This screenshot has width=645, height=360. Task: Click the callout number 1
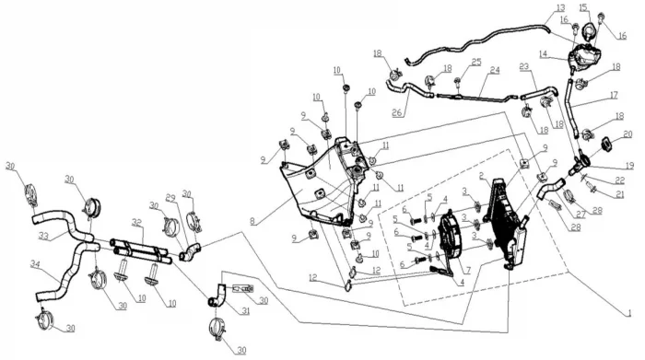click(629, 314)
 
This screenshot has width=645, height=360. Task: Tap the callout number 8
click(252, 222)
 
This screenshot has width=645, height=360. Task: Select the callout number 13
click(560, 7)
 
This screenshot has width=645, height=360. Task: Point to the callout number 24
click(495, 70)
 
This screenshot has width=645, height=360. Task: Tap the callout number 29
click(170, 197)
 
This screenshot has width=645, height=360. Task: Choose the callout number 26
click(397, 112)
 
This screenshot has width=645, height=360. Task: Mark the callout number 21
click(619, 194)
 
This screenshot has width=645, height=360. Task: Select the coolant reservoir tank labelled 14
click(583, 57)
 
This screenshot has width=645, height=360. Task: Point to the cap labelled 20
click(606, 144)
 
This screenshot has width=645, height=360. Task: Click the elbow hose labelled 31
click(216, 296)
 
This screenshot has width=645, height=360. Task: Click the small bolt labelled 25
click(457, 81)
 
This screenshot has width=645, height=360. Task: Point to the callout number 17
click(614, 96)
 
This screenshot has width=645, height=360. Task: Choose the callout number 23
click(523, 66)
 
